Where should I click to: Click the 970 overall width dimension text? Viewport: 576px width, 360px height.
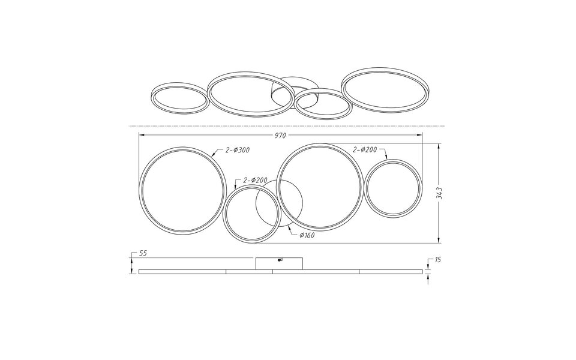coord(280,136)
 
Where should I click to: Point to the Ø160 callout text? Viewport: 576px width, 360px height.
coord(307,235)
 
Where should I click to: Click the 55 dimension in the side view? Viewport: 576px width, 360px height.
coord(143,254)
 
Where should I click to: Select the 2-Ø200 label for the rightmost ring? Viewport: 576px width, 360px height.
coord(366,149)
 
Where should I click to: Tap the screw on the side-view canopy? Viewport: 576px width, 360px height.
coord(280,260)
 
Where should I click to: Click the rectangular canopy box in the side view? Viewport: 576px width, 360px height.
coord(280,263)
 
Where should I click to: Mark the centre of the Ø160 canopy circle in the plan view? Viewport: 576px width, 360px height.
coord(280,203)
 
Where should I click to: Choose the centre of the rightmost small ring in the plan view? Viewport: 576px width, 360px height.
coord(394,187)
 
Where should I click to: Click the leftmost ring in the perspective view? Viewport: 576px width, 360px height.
coord(179,97)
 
